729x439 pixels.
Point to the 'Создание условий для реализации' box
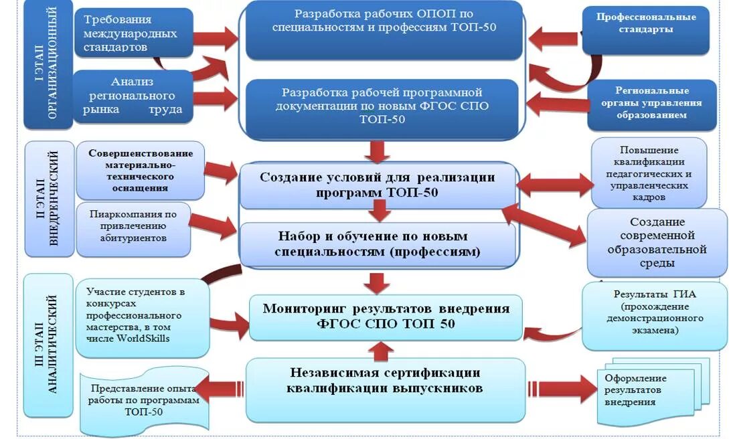point(378,185)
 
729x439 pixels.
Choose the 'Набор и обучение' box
point(378,244)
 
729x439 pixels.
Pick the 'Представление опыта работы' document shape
point(145,399)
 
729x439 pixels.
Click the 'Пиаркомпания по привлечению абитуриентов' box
point(133,228)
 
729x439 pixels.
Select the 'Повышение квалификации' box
point(649,173)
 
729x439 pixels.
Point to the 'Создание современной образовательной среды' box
point(657,242)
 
